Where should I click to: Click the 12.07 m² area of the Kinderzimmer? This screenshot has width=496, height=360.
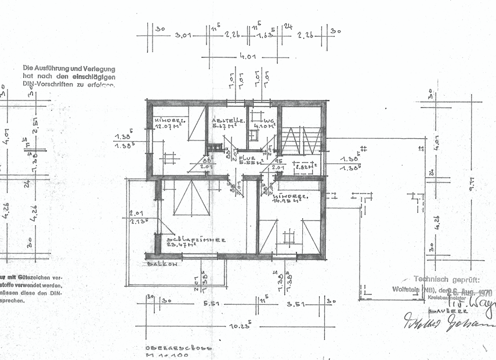pos(168,125)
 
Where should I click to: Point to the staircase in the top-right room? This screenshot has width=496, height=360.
pos(300,141)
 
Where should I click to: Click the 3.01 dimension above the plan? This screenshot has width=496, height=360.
pos(183,35)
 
